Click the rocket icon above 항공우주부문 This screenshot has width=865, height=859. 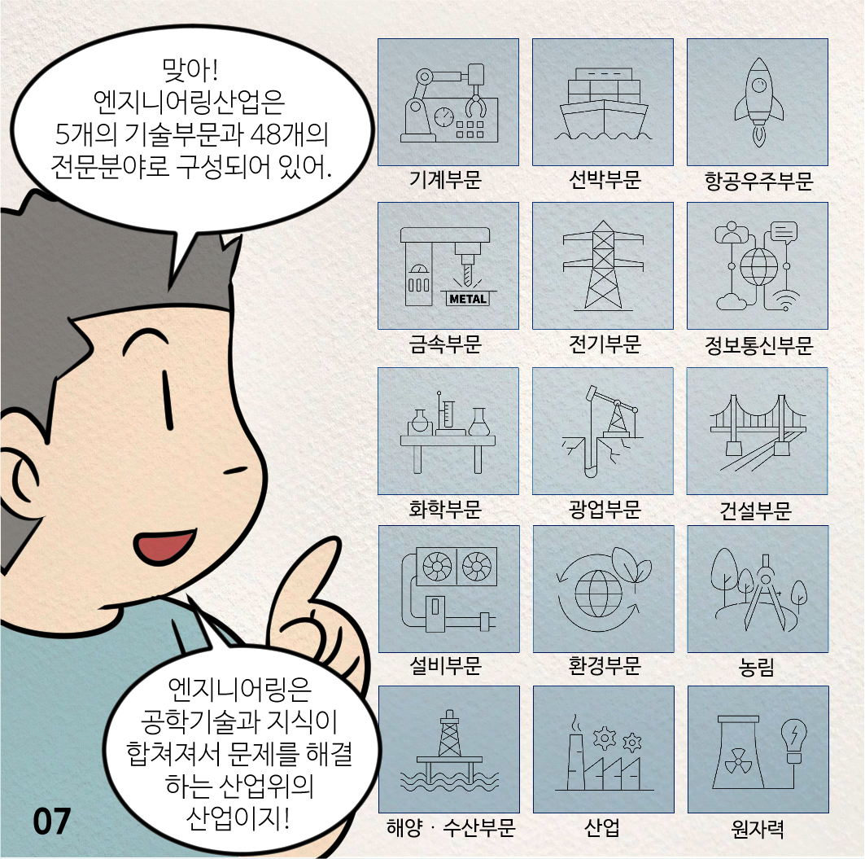(758, 103)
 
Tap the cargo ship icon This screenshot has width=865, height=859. (604, 103)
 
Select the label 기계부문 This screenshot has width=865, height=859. (445, 180)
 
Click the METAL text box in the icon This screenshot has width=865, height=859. (468, 299)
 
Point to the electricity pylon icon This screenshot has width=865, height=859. (603, 265)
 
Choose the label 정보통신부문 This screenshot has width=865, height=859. (758, 345)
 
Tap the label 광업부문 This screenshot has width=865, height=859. (605, 509)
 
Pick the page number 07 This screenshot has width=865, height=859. (52, 822)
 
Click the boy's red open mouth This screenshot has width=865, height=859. (164, 546)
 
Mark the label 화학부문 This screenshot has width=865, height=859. (445, 509)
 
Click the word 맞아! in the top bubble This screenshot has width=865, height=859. (190, 69)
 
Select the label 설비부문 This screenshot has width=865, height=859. (445, 666)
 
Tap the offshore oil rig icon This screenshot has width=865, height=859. (449, 750)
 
